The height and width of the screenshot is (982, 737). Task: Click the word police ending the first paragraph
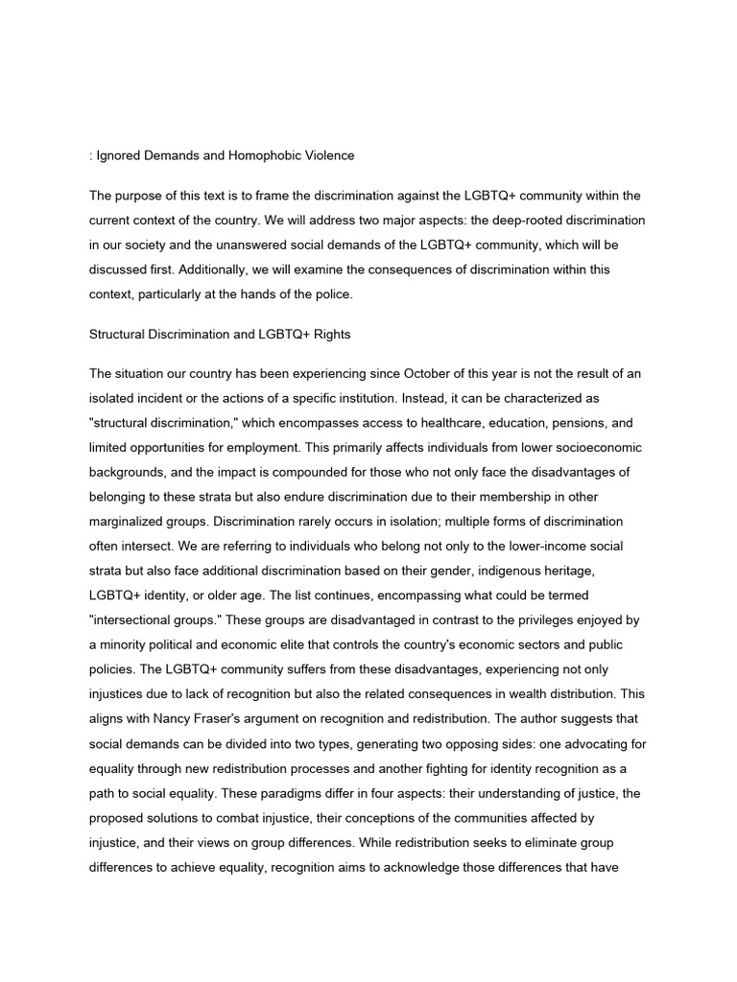coord(328,294)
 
